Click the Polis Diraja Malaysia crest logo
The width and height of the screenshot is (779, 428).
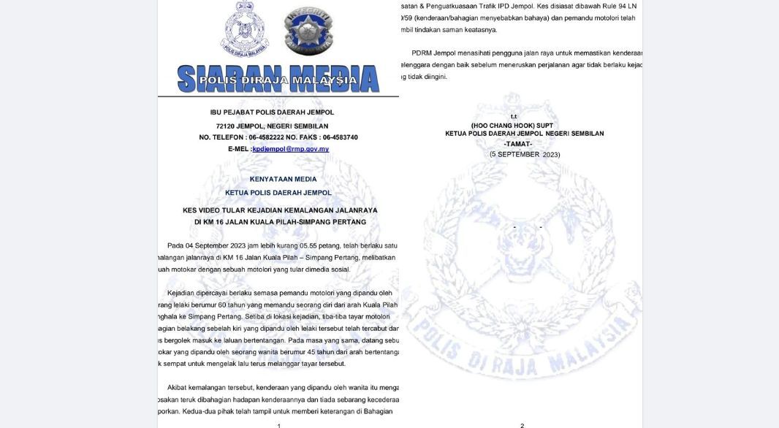point(246,30)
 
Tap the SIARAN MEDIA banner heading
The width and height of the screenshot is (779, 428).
point(278,79)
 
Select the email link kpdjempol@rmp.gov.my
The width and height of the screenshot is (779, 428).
point(290,149)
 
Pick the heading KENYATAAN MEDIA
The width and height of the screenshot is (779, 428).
point(284,179)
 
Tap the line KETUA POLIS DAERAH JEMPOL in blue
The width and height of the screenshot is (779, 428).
point(278,193)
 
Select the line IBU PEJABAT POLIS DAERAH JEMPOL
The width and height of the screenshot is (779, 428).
point(272,112)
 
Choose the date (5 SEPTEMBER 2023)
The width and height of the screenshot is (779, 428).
point(525,154)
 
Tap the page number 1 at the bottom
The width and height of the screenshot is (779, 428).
point(278,425)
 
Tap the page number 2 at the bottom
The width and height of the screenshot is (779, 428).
point(522,425)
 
